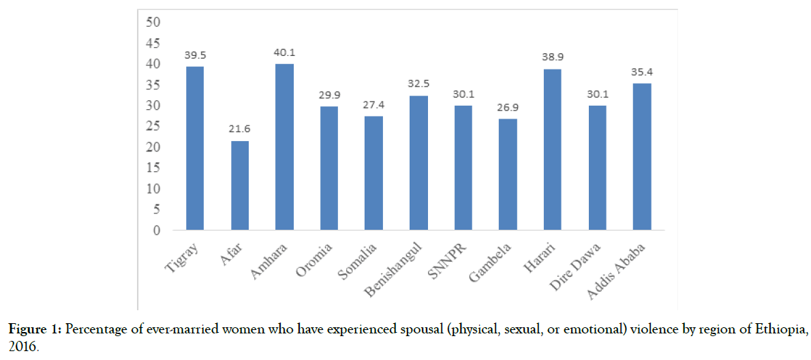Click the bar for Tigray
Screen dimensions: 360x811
(x=195, y=148)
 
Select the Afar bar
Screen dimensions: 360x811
(x=240, y=185)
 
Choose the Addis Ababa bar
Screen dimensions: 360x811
(x=642, y=157)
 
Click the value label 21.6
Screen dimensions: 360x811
(x=240, y=130)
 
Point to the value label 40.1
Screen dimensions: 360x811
(x=285, y=52)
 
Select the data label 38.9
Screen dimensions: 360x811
(x=553, y=58)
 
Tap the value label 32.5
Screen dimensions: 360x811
(x=419, y=85)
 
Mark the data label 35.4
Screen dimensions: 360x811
(x=643, y=72)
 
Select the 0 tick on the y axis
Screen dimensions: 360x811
(x=156, y=230)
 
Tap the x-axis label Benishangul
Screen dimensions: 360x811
(x=401, y=265)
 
